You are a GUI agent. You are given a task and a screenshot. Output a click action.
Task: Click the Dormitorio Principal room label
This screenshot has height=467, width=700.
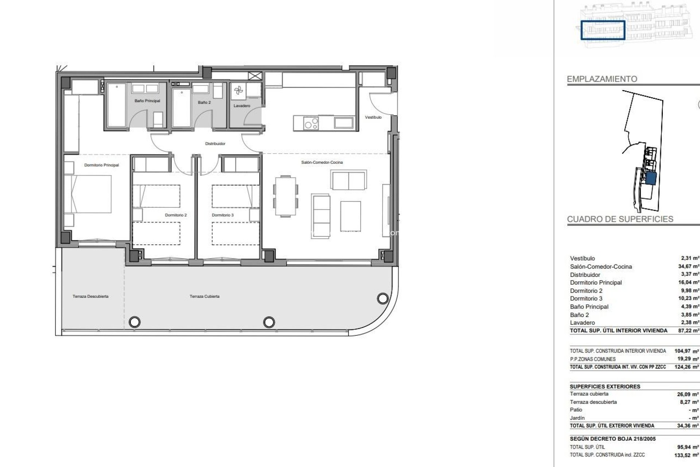coord(101,165)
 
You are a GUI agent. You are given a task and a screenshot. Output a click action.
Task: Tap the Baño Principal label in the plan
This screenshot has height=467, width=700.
coord(147,101)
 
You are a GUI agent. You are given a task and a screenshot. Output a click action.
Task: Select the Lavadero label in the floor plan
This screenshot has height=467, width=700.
coord(242,106)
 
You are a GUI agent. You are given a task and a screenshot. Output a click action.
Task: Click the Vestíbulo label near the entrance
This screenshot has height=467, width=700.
coord(373,117)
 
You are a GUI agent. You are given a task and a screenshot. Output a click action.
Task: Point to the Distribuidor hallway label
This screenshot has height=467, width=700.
coord(215,144)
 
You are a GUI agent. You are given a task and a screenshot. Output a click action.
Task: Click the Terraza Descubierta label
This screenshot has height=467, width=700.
coord(90,297)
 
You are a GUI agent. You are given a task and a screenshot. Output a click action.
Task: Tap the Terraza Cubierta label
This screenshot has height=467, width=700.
coord(205,297)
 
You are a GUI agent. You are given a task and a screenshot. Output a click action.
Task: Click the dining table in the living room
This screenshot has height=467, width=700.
coord(286,196)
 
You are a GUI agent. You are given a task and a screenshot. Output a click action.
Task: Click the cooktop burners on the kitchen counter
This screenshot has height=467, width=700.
coord(311,123)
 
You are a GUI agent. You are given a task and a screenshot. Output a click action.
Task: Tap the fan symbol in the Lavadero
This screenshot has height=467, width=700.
coord(238,90)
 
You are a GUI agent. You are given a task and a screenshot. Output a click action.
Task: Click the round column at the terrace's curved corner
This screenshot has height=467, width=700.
coord(382,299)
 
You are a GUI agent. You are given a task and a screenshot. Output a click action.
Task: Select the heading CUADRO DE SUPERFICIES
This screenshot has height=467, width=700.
coord(620,219)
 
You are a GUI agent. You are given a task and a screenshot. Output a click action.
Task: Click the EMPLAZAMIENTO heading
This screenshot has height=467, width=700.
coord(602,79)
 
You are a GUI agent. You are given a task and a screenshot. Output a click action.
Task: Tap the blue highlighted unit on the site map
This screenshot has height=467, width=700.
coord(651,179)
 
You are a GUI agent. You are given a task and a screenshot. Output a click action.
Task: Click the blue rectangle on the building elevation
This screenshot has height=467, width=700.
coord(603,30)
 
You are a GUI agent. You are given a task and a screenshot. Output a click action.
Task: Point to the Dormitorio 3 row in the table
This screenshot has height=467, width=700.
coord(586,298)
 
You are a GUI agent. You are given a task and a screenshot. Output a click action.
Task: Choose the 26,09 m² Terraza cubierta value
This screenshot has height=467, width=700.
coord(688,394)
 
